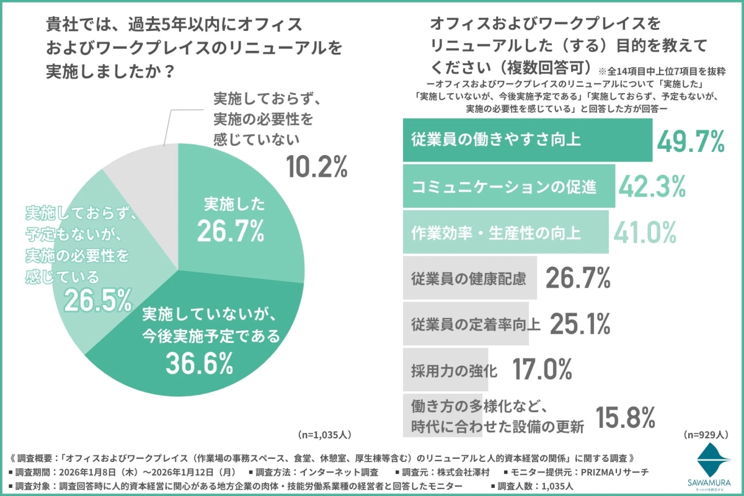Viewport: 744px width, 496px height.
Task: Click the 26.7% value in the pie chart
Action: click(x=231, y=229)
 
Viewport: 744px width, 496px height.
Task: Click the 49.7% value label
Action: click(x=691, y=142)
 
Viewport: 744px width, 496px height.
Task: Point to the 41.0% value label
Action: click(x=645, y=232)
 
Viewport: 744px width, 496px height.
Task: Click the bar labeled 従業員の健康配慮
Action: click(x=471, y=279)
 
